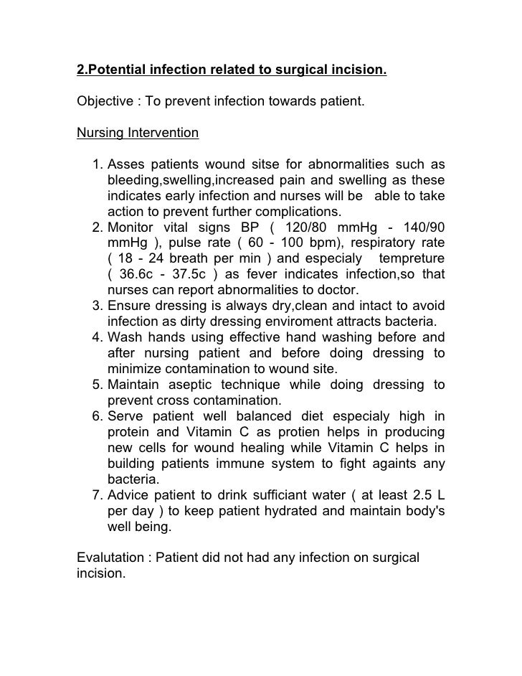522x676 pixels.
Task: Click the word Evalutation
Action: pyautogui.click(x=110, y=559)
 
